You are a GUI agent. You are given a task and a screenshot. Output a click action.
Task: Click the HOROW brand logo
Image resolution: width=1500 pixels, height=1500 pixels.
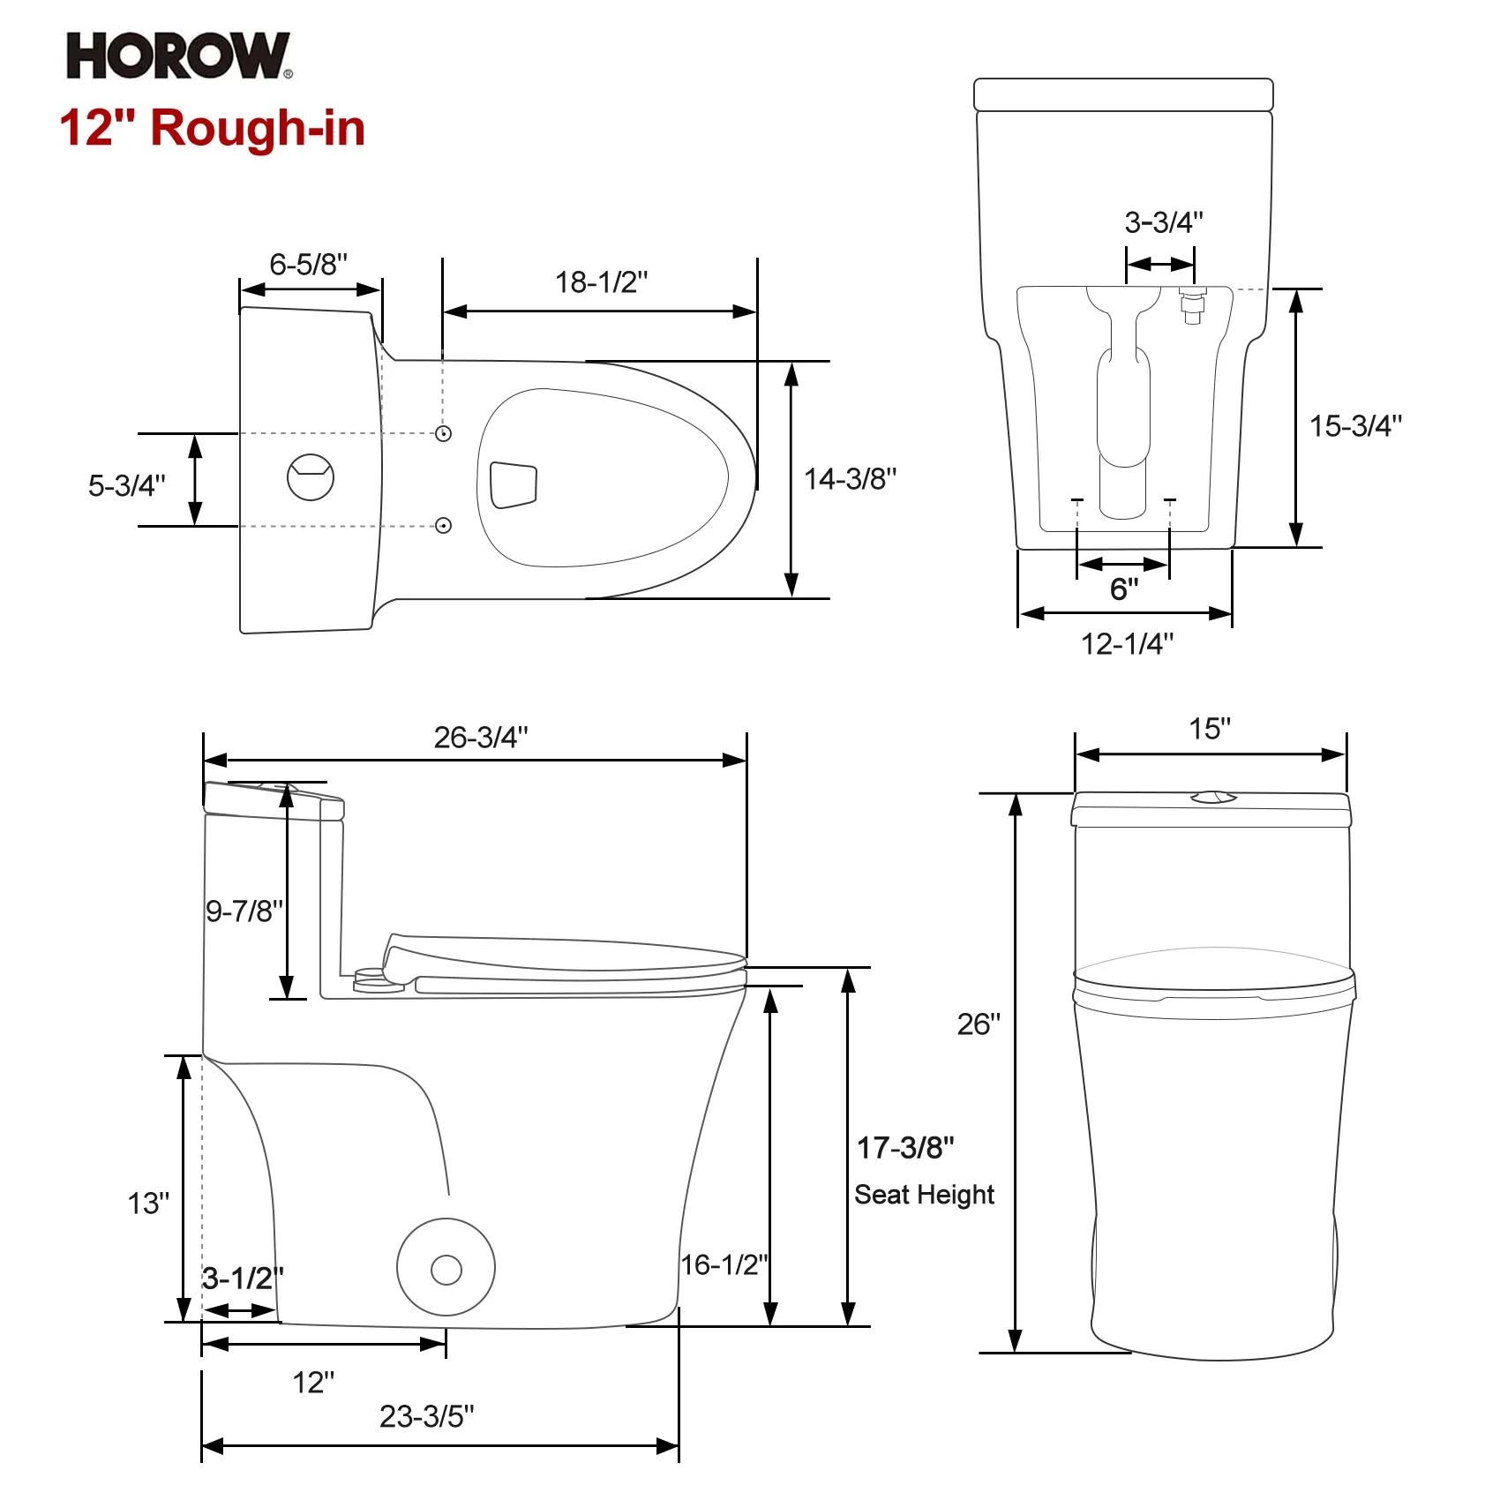click(178, 56)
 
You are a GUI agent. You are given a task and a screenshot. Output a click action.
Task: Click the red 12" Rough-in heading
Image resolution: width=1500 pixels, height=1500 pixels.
click(212, 128)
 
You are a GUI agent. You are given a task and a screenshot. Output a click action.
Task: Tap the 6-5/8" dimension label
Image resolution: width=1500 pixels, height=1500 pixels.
click(308, 264)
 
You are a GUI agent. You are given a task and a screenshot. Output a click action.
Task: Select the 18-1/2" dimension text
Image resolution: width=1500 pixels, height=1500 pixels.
click(601, 282)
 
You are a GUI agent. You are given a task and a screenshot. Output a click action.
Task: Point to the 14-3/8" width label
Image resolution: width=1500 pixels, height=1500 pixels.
click(850, 479)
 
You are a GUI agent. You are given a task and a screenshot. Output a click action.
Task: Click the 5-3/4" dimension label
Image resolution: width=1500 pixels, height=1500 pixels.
click(126, 485)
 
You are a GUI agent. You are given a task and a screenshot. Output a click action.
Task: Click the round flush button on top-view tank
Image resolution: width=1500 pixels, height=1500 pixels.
click(311, 477)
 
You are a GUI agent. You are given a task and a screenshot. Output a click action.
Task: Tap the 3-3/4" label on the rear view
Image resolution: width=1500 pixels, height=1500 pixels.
click(1163, 222)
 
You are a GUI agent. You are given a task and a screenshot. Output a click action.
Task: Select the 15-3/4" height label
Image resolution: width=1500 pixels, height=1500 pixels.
click(1355, 426)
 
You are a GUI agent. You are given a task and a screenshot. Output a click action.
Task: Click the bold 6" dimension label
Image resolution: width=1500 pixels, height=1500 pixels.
click(1124, 589)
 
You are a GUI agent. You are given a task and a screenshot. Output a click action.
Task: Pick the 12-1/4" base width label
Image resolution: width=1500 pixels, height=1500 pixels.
click(1127, 644)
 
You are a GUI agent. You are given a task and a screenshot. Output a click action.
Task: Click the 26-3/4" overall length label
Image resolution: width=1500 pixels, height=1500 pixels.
click(481, 738)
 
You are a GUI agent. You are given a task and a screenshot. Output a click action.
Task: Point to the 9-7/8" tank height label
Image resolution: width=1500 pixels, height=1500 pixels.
click(244, 911)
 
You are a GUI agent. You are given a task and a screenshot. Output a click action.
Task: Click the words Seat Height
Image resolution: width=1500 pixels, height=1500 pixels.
click(924, 1195)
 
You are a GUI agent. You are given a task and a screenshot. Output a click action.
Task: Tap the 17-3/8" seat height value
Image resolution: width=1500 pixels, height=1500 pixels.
click(905, 1148)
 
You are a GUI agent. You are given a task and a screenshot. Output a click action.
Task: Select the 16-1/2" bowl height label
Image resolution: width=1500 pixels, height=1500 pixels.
click(724, 1264)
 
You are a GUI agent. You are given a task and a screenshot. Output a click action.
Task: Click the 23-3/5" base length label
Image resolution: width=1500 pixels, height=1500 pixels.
click(426, 1416)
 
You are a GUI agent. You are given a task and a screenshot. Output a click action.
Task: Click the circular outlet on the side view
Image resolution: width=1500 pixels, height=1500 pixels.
click(446, 1269)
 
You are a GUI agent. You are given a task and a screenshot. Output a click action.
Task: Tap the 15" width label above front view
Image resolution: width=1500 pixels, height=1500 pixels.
click(1209, 729)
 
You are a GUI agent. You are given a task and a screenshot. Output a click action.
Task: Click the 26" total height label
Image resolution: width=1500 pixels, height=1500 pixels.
click(979, 1024)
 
